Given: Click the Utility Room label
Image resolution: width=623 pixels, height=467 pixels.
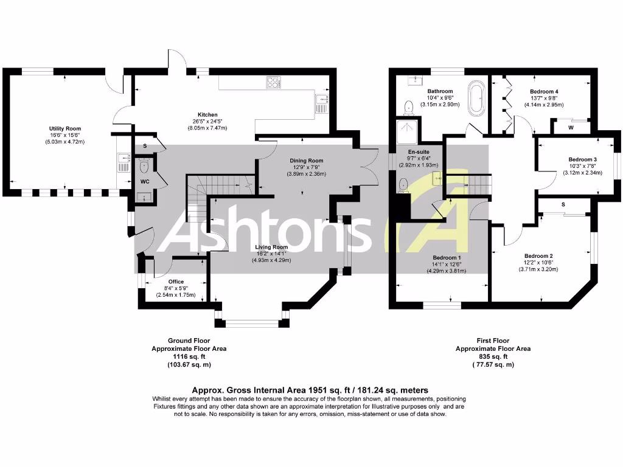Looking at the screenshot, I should (65, 129).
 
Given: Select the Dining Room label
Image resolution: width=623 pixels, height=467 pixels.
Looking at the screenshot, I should (306, 161).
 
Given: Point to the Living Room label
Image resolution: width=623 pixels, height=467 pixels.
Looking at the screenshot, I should (271, 247).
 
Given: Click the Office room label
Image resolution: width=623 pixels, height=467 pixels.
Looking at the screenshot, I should (176, 282).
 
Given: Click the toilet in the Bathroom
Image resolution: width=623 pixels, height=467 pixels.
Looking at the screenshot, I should (409, 108).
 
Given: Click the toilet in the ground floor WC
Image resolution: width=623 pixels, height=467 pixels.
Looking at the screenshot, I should (144, 167).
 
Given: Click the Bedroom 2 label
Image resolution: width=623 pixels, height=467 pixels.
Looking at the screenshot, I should (537, 255).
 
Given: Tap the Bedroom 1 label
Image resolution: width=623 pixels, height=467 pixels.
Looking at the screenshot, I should (447, 258).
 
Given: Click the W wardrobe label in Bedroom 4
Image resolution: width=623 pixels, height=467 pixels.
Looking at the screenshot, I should (570, 128).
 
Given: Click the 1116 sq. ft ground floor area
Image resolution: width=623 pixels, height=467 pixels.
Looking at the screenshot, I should (189, 357).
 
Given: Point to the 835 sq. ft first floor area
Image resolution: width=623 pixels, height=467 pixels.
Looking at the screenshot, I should (493, 357).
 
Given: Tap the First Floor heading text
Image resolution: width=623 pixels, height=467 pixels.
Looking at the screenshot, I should (493, 341).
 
